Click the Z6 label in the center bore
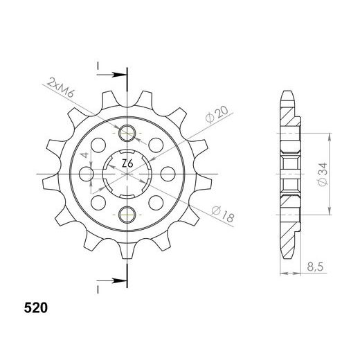tap(127, 163)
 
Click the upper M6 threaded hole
tap(127, 134)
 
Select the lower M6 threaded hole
tap(127, 215)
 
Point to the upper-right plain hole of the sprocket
tap(156, 145)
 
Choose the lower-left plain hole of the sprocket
tap(99, 202)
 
